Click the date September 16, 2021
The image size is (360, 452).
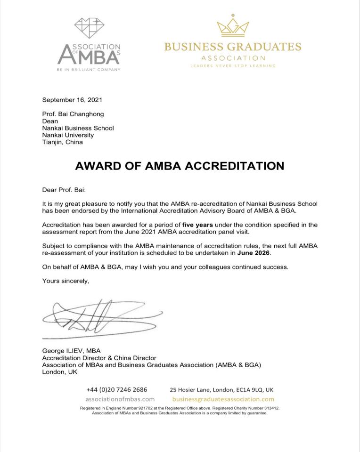tap(72, 100)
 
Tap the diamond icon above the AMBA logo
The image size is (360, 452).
tap(90, 28)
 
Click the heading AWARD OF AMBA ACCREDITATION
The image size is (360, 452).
tap(180, 166)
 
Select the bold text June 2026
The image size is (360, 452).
tap(254, 253)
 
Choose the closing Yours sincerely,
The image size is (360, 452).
tap(65, 281)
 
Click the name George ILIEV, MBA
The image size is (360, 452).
tap(71, 351)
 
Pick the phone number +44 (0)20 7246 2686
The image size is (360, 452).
tap(117, 389)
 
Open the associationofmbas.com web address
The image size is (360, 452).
tap(120, 399)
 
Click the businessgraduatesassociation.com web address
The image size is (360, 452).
tap(223, 399)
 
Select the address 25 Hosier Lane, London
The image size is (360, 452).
tap(221, 389)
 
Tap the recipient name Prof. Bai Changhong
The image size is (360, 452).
tap(73, 114)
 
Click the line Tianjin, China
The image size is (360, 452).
tap(62, 142)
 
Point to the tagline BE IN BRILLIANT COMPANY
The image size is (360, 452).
tap(89, 70)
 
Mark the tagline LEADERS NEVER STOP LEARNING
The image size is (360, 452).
tap(233, 66)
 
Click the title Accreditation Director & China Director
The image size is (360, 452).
tap(99, 358)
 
